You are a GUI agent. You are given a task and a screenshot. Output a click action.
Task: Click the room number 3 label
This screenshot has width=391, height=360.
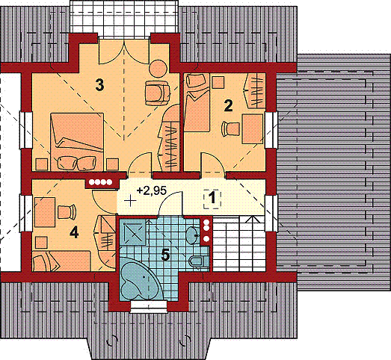[99, 84]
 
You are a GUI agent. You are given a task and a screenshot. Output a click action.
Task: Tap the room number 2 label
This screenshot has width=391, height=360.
[228, 105]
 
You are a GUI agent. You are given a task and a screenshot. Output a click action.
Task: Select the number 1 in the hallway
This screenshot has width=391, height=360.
[212, 199]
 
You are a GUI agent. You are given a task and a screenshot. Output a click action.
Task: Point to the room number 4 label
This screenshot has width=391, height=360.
[74, 233]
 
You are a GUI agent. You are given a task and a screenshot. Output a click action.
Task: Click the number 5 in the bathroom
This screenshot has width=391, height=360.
[165, 255]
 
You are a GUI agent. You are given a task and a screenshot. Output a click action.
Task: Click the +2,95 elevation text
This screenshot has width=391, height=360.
[151, 190]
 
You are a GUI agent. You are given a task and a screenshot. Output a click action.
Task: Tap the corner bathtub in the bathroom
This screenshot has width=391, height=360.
[139, 279]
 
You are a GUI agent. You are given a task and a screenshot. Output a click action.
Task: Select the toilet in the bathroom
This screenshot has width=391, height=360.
[199, 261]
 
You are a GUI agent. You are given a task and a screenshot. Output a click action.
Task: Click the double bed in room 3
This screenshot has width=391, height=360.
[77, 142]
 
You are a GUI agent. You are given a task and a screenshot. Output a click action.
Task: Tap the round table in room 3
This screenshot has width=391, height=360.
[158, 68]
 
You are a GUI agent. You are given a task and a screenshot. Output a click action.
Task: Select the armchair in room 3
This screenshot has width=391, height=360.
[157, 93]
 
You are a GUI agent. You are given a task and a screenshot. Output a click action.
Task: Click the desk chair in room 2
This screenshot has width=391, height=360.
[230, 128]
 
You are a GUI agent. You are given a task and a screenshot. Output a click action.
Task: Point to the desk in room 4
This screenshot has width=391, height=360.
[45, 212]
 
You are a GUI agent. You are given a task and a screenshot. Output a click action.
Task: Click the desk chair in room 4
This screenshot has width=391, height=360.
[67, 212]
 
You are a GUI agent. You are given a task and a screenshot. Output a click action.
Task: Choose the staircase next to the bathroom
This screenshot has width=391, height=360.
[238, 243]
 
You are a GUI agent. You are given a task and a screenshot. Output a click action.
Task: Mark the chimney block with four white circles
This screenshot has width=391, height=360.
[101, 183]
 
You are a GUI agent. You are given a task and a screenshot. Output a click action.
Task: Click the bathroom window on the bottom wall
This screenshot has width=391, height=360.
[149, 306]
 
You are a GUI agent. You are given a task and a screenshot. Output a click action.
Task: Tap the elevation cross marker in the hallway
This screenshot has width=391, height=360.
[130, 200]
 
